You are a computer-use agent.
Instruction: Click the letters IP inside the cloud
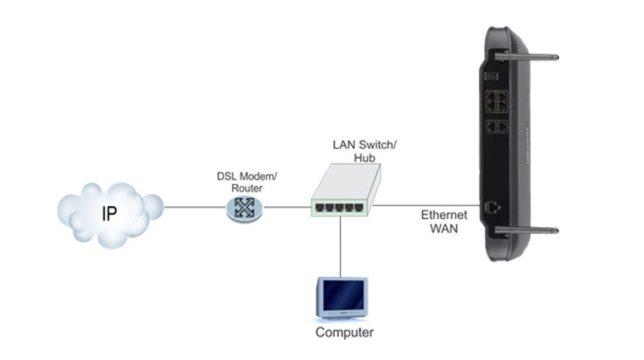[110, 214]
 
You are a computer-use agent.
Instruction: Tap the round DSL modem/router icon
[245, 209]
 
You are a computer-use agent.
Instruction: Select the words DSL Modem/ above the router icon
[247, 176]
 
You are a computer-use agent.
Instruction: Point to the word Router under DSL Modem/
[247, 188]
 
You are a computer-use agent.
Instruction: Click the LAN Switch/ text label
[364, 145]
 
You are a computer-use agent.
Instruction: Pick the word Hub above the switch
[364, 158]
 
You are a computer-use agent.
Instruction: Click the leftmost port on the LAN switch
[320, 207]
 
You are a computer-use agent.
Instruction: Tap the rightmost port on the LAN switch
[358, 207]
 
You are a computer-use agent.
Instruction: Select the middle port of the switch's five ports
[339, 207]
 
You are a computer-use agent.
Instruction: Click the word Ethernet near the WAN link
[444, 215]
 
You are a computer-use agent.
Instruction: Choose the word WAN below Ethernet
[444, 228]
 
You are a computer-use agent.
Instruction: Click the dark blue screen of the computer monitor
[344, 295]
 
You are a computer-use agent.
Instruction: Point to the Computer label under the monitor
[344, 332]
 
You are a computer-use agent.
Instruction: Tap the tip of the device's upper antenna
[556, 57]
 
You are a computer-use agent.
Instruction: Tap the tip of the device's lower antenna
[556, 231]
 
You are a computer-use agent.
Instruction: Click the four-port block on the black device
[496, 102]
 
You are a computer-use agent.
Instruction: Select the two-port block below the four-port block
[496, 127]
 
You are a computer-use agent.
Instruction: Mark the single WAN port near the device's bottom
[492, 207]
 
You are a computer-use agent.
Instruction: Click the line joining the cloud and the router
[194, 207]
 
